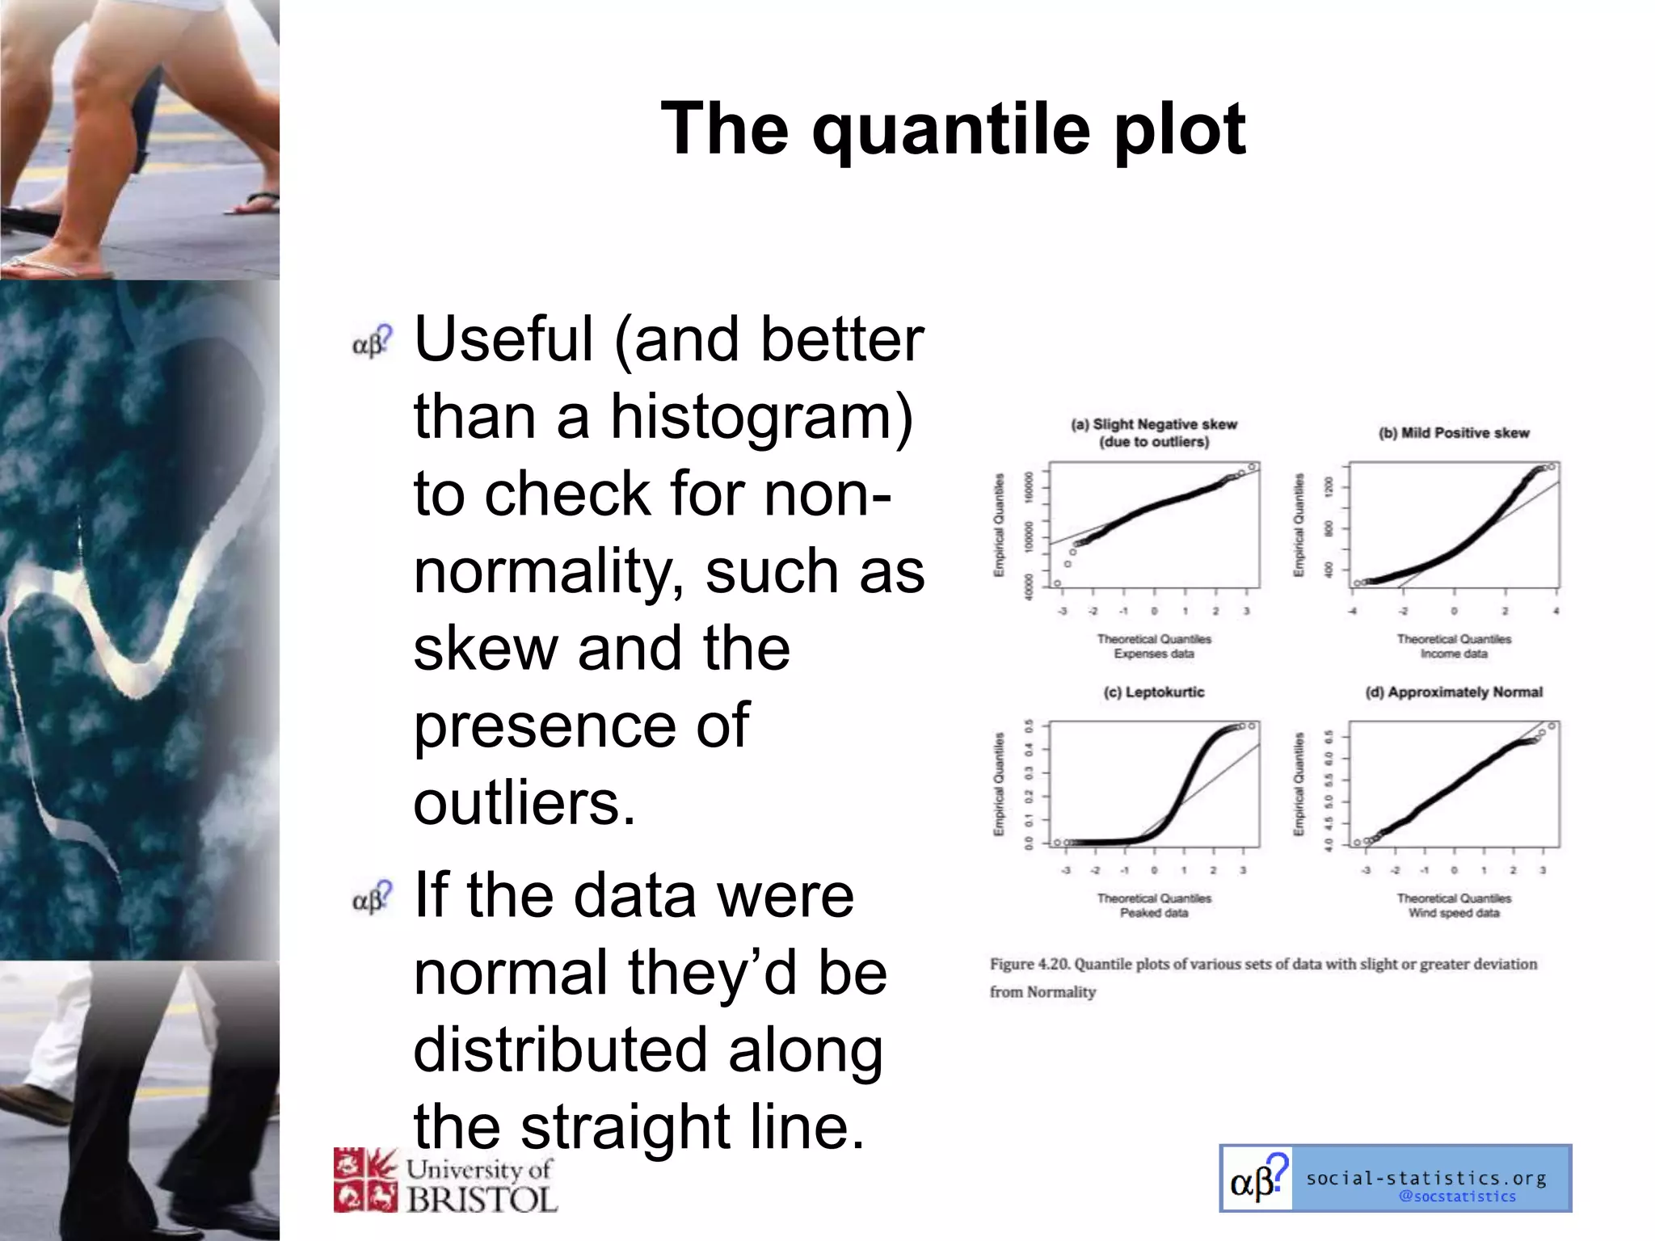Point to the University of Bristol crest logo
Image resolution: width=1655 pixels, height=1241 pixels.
[365, 1180]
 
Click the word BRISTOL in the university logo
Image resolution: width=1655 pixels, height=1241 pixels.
[482, 1199]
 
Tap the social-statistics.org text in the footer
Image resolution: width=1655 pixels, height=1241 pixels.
[1426, 1178]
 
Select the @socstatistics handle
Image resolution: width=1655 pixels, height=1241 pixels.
[1457, 1197]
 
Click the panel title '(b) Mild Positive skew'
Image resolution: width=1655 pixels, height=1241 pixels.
[1454, 433]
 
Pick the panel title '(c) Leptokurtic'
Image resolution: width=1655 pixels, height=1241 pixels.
[1154, 692]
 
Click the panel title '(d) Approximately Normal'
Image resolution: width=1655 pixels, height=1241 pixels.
[1454, 692]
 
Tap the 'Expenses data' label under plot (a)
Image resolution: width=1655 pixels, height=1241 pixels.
[1154, 654]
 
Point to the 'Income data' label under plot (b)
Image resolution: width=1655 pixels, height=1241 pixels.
[1454, 654]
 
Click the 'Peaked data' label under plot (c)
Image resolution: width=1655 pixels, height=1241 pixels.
[1154, 913]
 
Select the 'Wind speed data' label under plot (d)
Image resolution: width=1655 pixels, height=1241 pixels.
[1454, 913]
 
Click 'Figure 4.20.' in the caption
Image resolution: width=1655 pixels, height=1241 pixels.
[1028, 964]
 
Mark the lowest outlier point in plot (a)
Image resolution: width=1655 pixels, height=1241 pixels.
[1057, 583]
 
